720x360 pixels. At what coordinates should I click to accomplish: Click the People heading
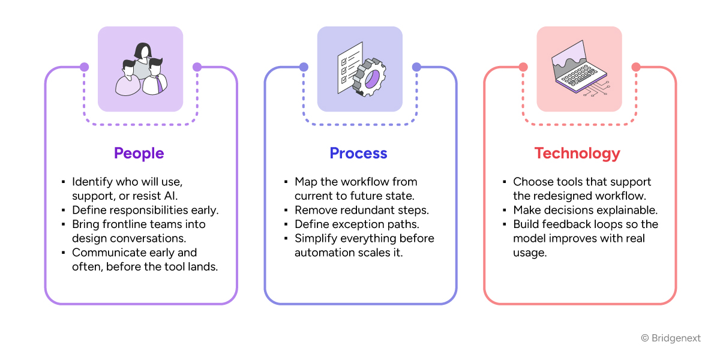click(x=139, y=153)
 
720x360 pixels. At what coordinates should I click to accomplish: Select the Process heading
click(x=358, y=153)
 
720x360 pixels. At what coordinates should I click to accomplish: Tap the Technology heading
click(x=577, y=153)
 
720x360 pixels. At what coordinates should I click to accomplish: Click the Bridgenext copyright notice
click(x=671, y=338)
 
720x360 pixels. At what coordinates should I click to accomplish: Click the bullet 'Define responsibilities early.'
click(x=145, y=210)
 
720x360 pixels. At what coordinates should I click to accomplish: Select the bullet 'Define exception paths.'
click(x=356, y=224)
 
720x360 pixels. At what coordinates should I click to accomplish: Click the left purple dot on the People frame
click(x=84, y=67)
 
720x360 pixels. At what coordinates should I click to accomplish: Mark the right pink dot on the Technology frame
click(x=636, y=67)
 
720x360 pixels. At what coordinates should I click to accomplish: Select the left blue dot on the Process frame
click(x=304, y=67)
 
